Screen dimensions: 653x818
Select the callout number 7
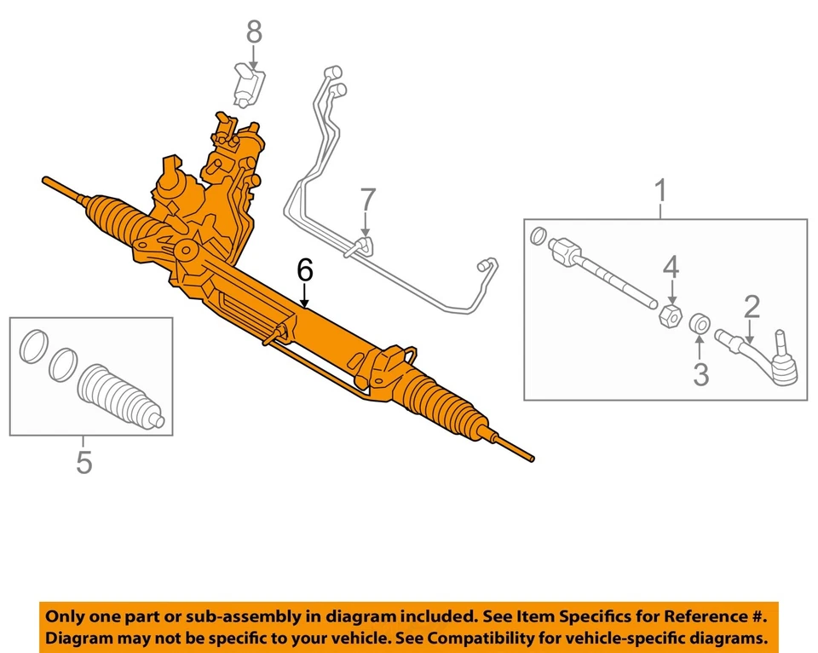click(x=366, y=200)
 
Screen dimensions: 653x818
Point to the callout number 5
click(x=84, y=462)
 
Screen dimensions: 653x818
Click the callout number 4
click(x=672, y=269)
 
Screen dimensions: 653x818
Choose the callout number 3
click(x=700, y=373)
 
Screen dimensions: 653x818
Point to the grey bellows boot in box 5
click(x=119, y=396)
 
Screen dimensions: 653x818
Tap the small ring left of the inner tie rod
click(x=538, y=235)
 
